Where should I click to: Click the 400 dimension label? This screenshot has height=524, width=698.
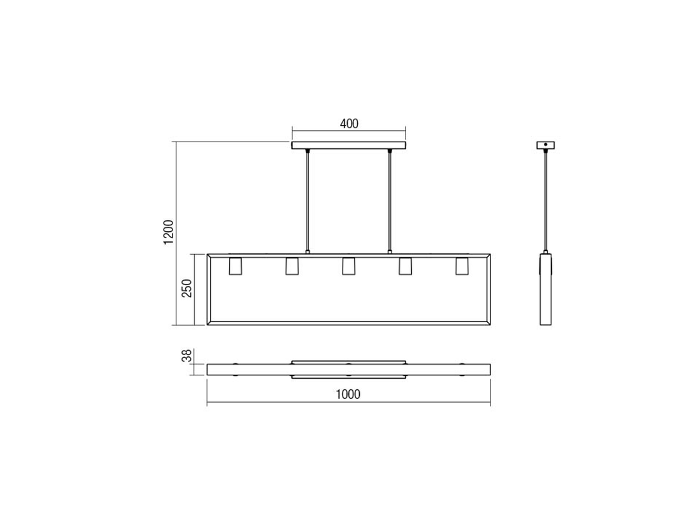(x=349, y=124)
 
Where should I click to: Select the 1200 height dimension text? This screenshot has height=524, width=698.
(x=168, y=232)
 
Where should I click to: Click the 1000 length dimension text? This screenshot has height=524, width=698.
(x=348, y=394)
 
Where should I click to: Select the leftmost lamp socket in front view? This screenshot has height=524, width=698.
(x=235, y=267)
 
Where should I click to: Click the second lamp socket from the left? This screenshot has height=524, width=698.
(x=292, y=267)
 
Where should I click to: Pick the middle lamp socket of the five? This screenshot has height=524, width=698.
(x=348, y=267)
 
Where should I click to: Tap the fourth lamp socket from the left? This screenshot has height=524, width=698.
(x=405, y=267)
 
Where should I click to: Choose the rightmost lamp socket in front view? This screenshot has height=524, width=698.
(x=461, y=267)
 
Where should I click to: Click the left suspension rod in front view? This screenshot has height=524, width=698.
(x=308, y=200)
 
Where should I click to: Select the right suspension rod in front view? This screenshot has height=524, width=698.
(x=389, y=200)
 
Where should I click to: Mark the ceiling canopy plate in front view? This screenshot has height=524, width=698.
(x=348, y=145)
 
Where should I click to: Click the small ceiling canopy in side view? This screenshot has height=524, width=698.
(x=545, y=145)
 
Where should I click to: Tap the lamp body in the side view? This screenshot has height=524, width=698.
(x=545, y=289)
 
